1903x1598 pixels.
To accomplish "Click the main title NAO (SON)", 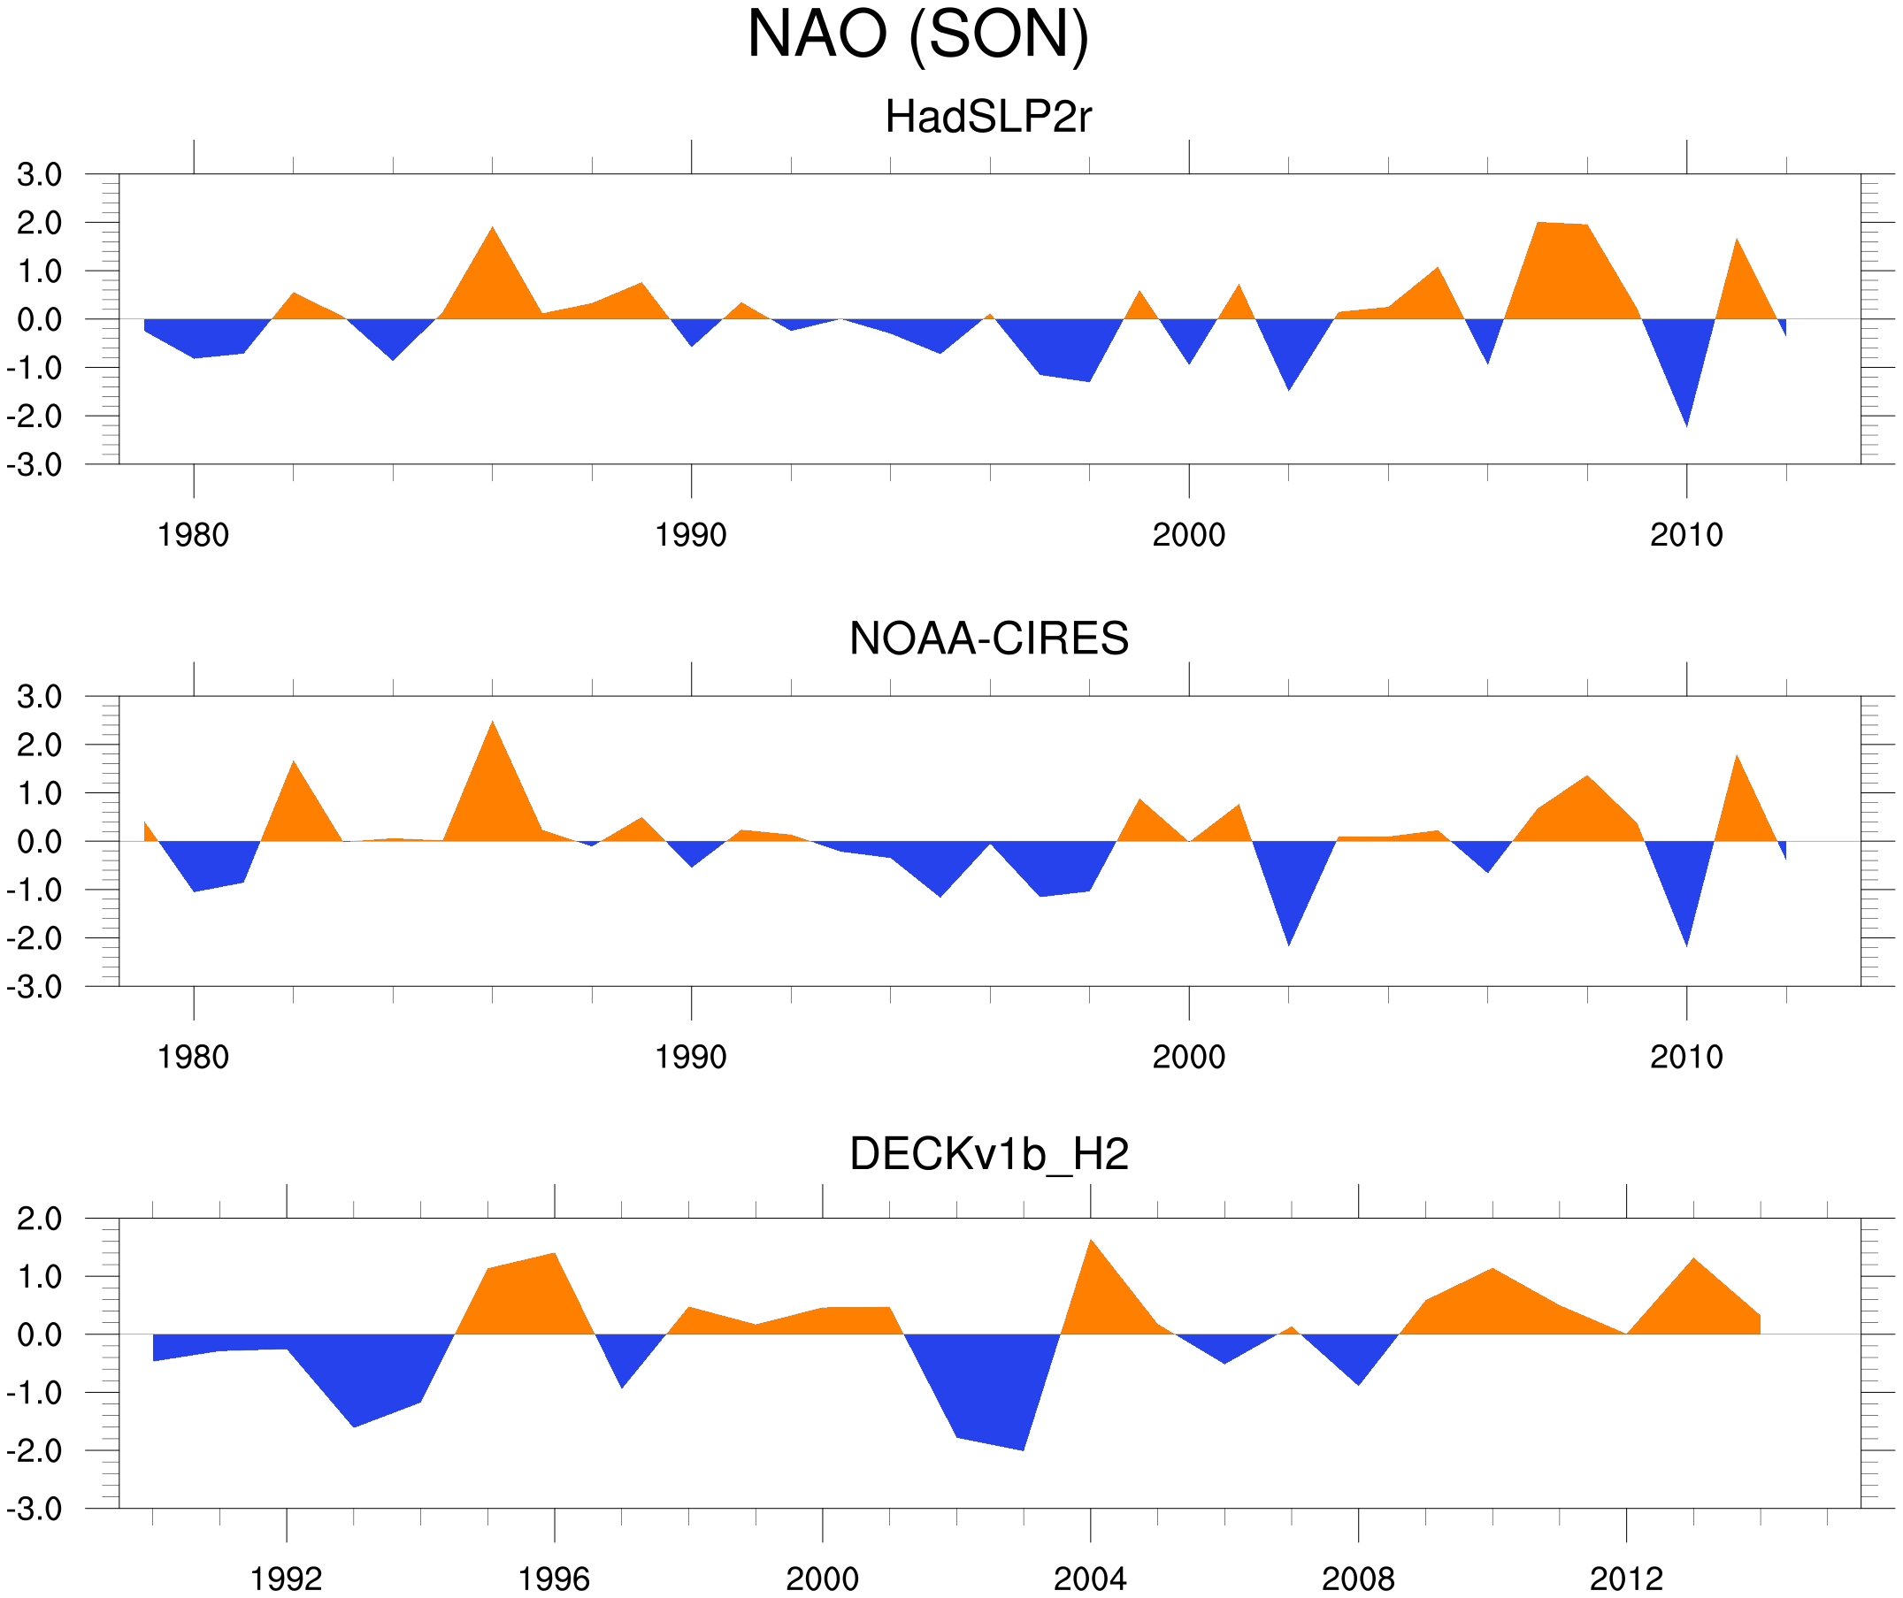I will pos(917,34).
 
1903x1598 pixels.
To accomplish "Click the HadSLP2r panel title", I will pos(987,117).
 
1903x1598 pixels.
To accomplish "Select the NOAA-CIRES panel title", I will pos(988,638).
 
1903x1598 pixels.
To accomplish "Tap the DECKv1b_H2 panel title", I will pos(988,1154).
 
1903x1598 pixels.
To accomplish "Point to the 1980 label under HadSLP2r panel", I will pos(193,535).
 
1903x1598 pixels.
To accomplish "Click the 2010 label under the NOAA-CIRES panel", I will pos(1685,1057).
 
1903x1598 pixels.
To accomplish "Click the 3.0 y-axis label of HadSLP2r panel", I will pos(40,175).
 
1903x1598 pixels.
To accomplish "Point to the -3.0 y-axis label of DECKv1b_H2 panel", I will pos(35,1510).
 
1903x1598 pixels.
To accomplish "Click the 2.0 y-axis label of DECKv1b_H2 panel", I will pos(40,1220).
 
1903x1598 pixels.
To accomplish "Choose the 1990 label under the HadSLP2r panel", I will pos(691,535).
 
